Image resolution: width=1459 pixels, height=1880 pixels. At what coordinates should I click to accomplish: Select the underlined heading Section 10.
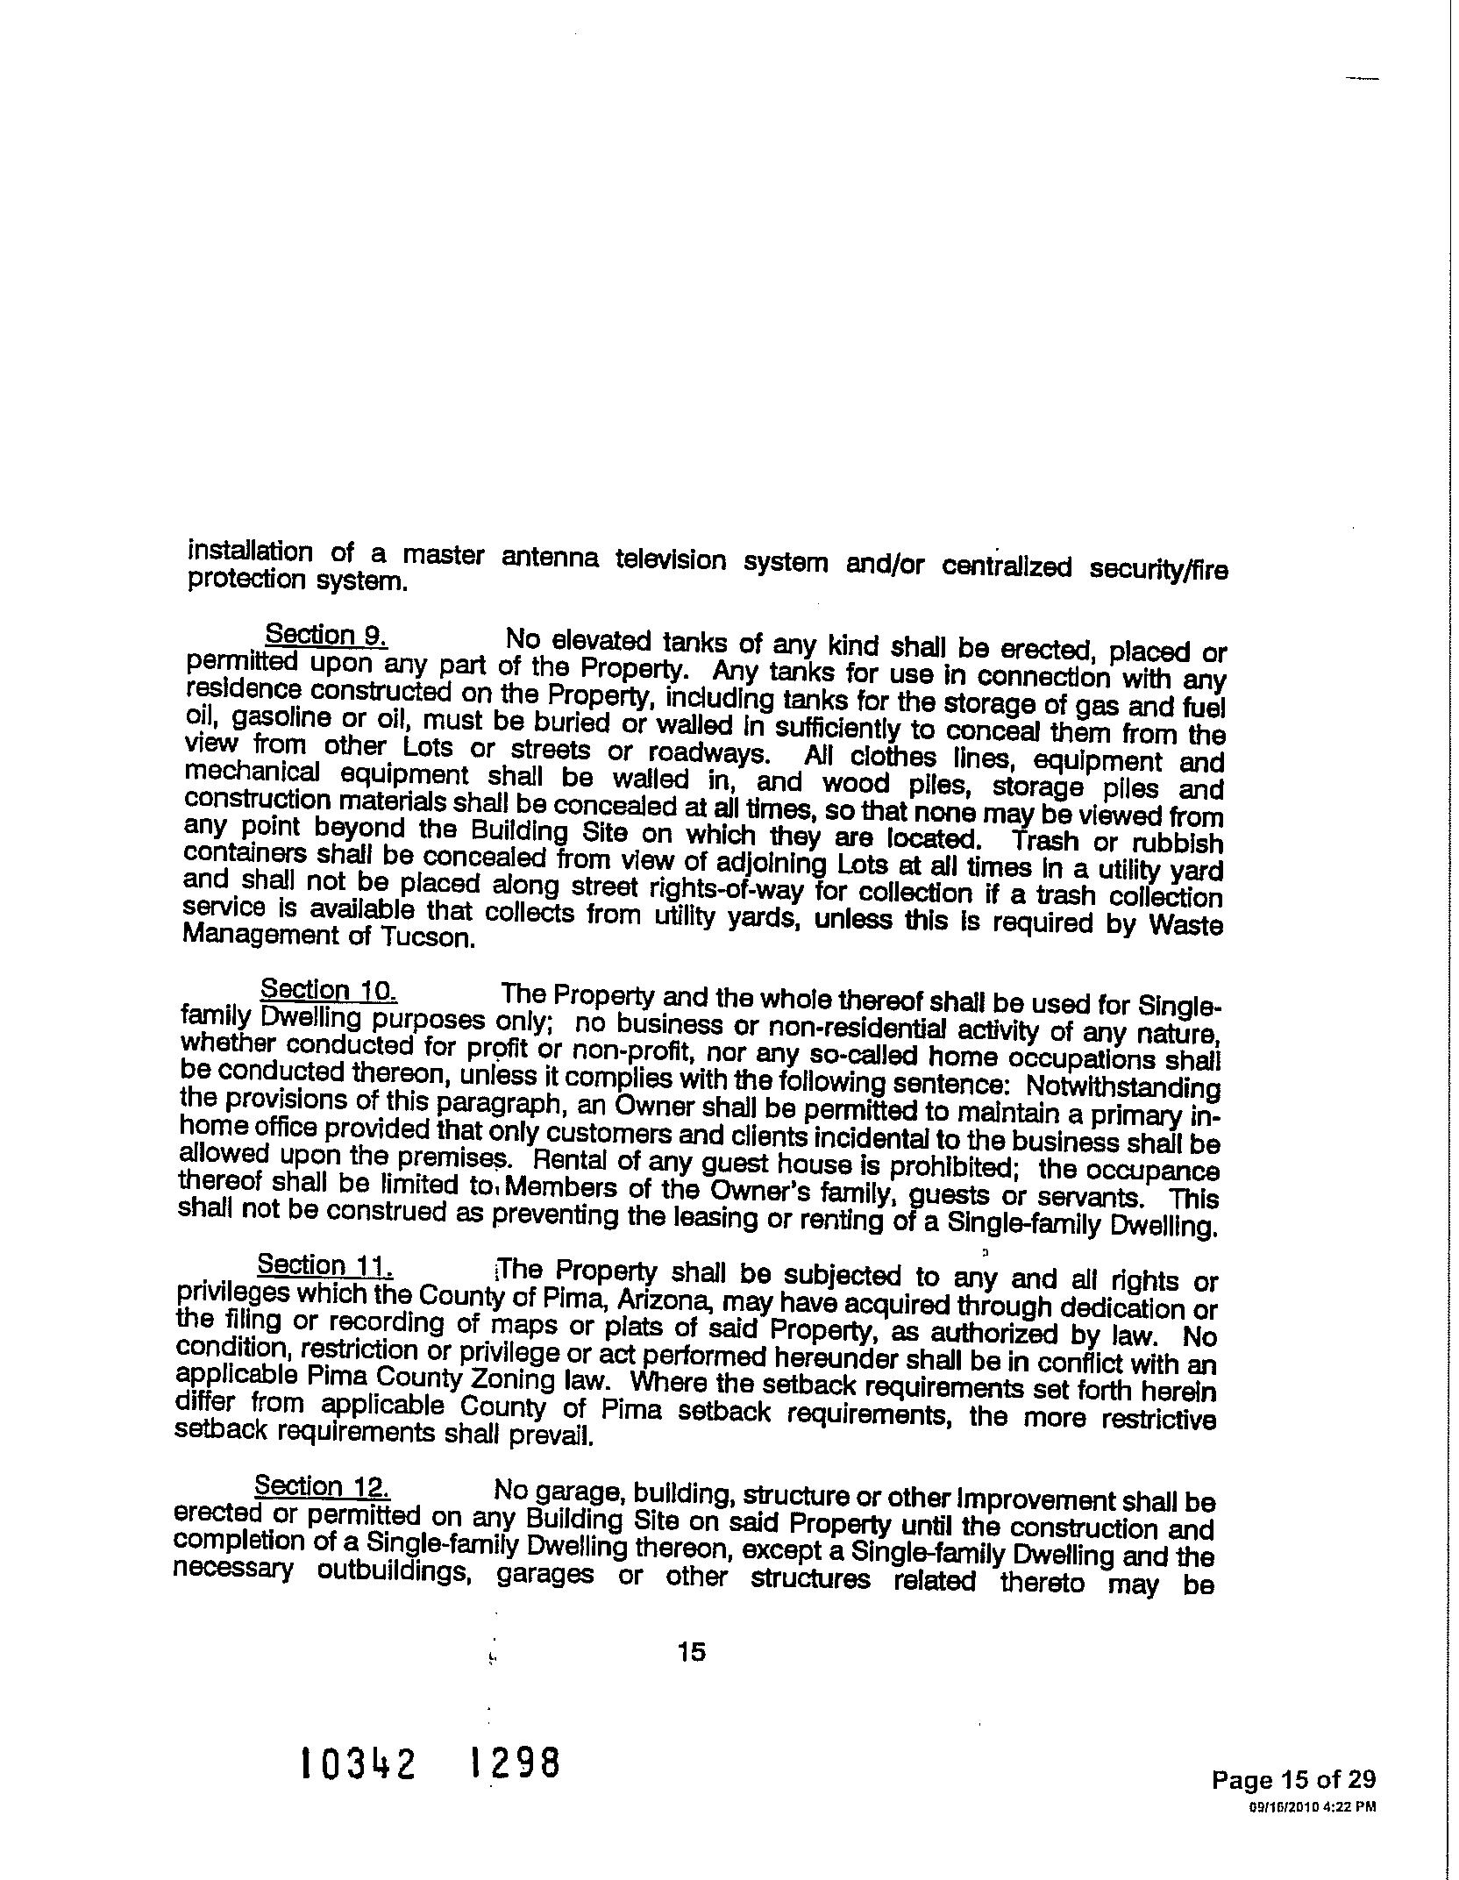(329, 990)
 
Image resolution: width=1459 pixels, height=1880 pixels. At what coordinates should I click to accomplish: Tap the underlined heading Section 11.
(324, 1265)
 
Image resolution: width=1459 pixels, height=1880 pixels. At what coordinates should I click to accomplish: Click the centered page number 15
(691, 1652)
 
